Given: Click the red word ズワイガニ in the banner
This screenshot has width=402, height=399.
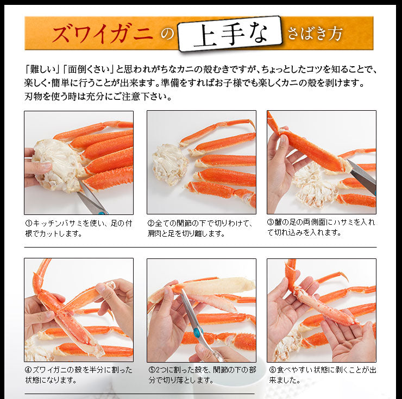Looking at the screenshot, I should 102,34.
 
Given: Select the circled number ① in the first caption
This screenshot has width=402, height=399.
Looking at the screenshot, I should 28,223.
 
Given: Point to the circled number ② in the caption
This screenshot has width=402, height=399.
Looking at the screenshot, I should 151,223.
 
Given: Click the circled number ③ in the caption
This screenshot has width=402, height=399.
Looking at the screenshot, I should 271,223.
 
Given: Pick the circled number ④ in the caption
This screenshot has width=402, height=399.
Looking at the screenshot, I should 28,370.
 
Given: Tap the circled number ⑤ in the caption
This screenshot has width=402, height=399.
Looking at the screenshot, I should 151,370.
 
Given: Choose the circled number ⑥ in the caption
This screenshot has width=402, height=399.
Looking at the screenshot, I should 271,370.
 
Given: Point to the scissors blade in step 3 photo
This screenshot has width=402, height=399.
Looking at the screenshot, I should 361,175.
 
